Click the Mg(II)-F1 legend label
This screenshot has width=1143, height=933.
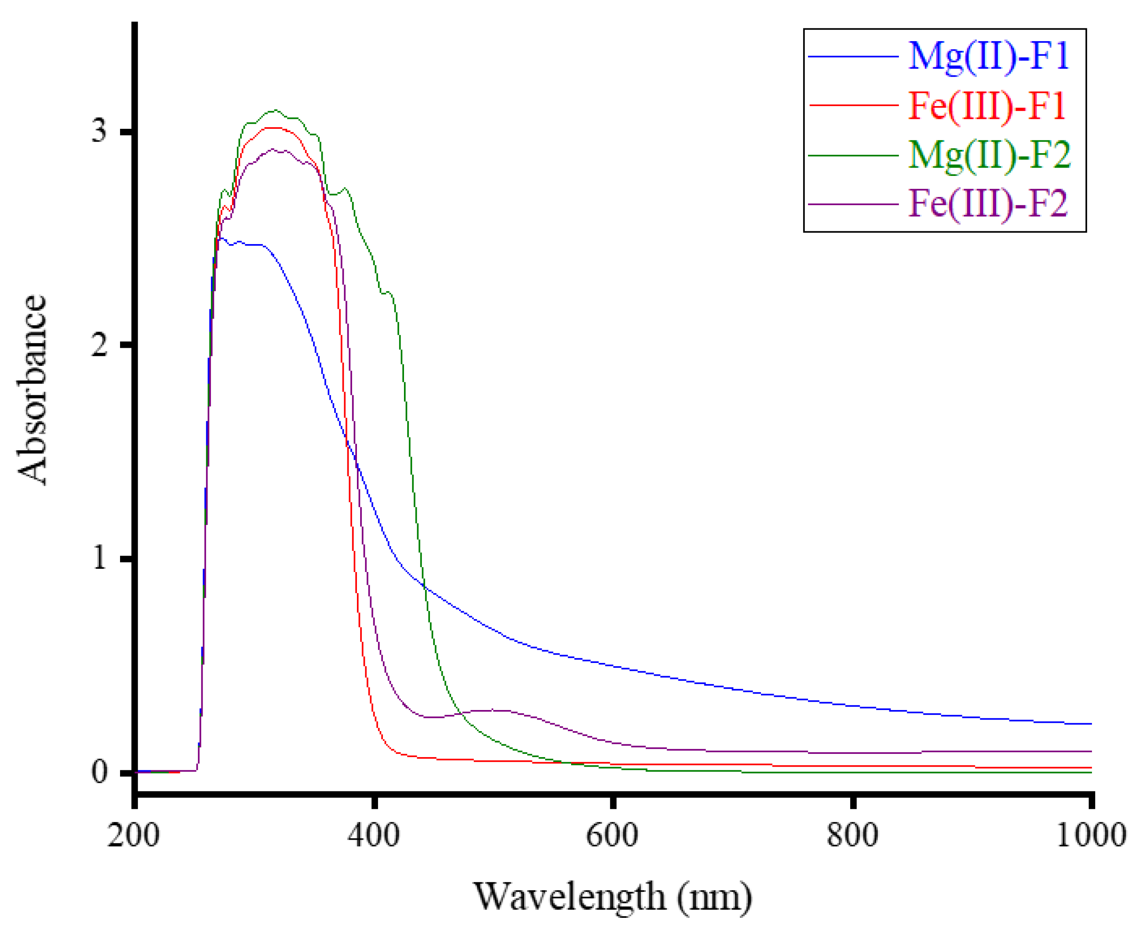988,56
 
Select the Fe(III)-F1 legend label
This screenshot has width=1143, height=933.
987,105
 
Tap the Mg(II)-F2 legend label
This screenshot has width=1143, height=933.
989,155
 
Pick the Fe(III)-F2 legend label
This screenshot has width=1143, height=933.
987,204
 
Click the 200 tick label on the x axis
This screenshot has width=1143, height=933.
133,836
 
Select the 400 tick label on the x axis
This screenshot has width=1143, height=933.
373,836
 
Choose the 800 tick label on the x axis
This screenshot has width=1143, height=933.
852,836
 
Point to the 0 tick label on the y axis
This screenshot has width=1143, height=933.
99,772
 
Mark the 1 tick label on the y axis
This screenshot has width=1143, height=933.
99,559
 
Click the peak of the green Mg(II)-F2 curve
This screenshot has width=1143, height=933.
275,111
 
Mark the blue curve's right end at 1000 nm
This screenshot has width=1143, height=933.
1090,724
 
